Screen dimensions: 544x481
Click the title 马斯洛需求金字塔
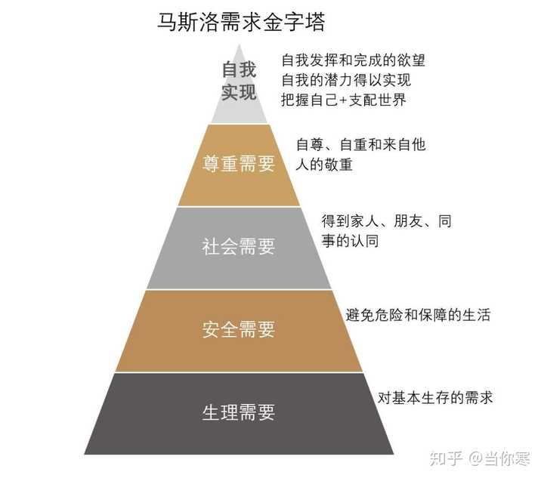241,21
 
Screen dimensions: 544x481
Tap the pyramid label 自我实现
239,81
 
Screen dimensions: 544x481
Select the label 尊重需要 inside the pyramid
239,164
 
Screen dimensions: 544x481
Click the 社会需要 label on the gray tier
239,247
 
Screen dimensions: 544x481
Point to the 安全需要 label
239,329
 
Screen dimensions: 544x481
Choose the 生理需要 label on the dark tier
239,412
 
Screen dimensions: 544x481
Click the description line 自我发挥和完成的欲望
353,60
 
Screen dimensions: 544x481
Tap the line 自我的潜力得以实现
346,80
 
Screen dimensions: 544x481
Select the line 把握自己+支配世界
344,100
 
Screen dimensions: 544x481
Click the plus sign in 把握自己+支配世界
344,100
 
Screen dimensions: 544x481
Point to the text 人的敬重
324,165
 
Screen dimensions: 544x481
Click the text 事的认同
350,241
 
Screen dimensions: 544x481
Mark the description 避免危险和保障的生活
418,315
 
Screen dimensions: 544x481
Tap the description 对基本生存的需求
435,397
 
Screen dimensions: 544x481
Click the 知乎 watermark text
447,458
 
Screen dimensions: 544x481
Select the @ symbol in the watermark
476,459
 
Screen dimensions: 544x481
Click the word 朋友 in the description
408,221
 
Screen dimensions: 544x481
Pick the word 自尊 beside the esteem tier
310,145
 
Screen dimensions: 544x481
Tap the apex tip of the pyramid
239,44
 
